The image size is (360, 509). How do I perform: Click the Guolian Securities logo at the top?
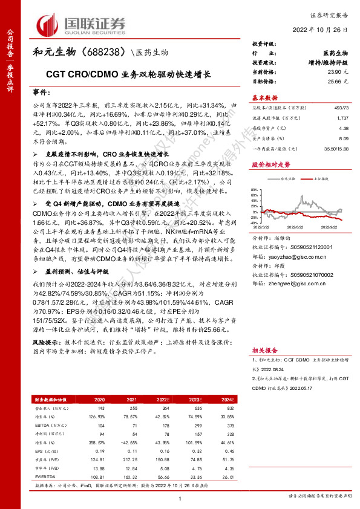pos(82,24)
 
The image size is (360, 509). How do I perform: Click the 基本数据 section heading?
pos(264,97)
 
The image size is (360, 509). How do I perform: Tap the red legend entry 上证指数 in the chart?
pos(322,179)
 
